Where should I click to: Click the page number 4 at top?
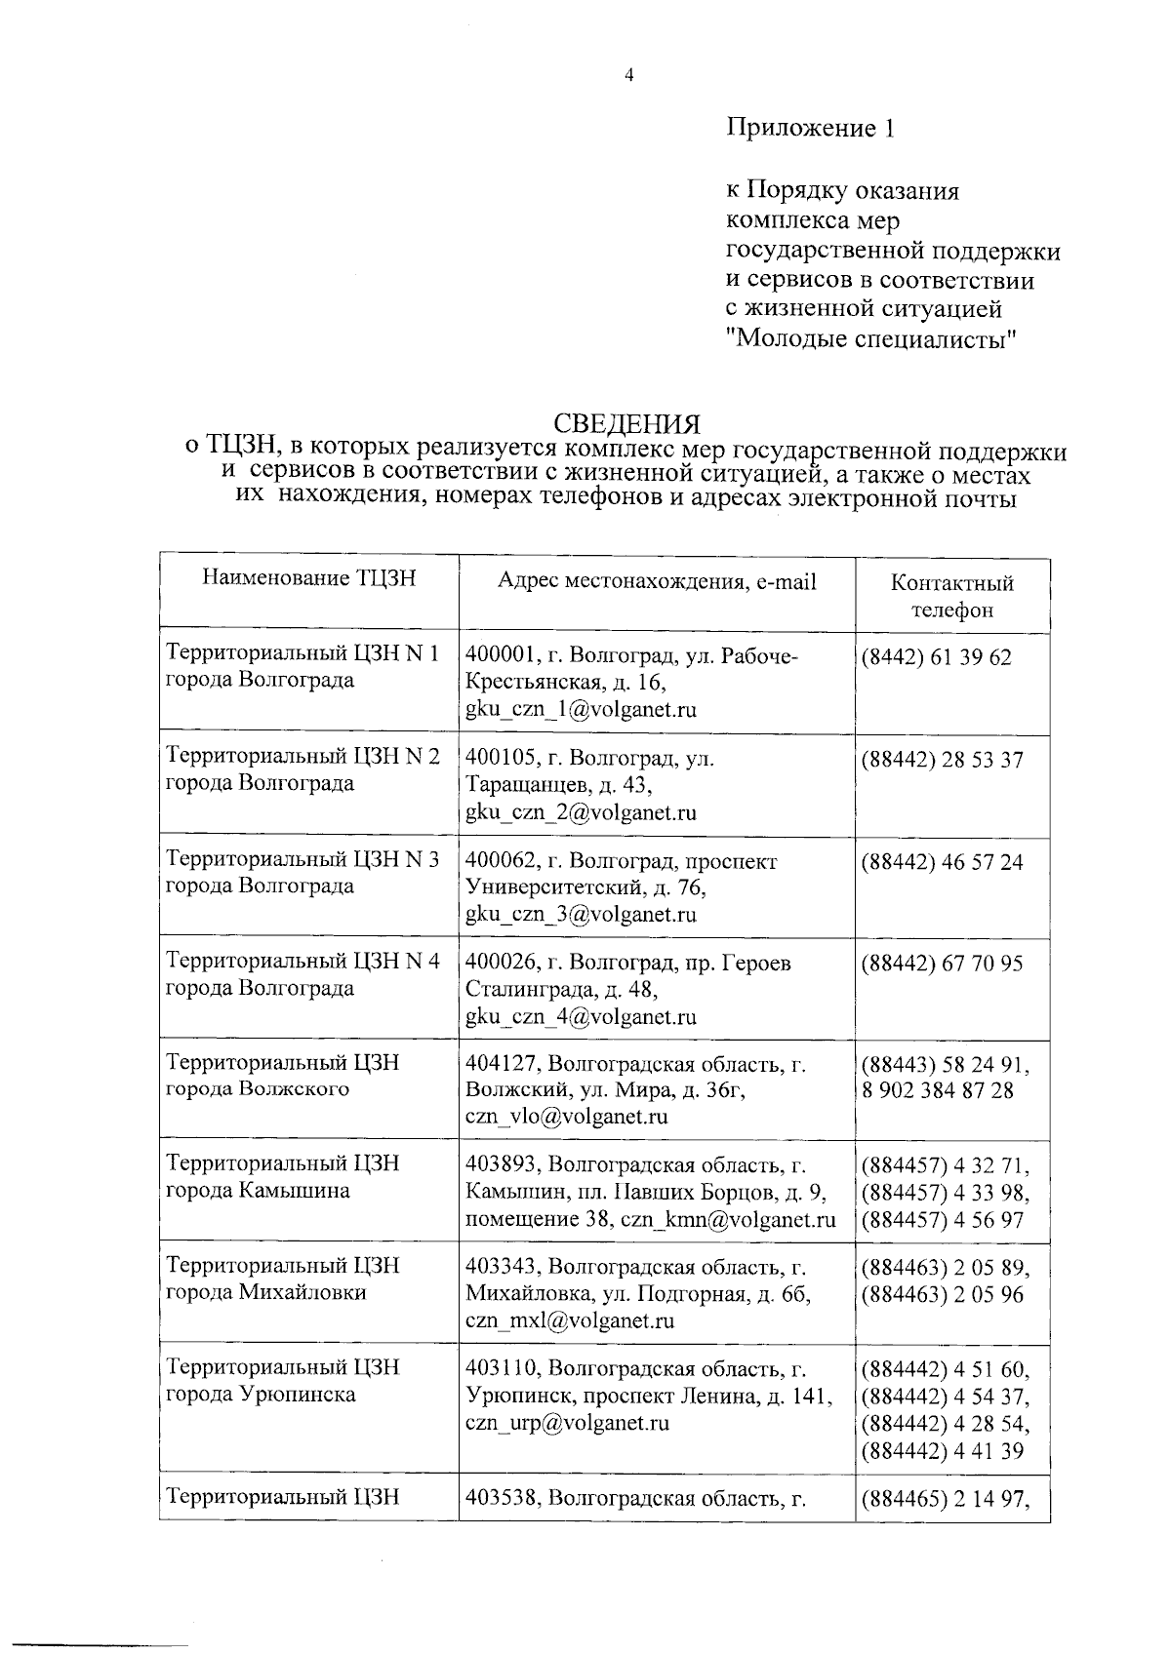point(628,74)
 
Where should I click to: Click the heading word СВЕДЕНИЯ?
point(627,424)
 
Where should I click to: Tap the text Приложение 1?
point(809,128)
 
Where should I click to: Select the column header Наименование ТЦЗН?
point(308,578)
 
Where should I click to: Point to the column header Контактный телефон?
point(951,596)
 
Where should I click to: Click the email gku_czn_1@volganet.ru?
point(581,709)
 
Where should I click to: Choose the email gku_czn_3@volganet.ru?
point(581,914)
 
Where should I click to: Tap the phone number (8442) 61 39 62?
point(936,657)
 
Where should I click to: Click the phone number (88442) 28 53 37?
point(942,760)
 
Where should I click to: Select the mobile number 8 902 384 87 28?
point(938,1090)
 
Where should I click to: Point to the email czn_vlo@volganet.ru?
point(566,1117)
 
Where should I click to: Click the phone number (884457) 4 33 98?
point(944,1192)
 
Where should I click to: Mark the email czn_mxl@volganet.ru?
point(570,1321)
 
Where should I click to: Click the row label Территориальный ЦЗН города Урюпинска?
point(283,1381)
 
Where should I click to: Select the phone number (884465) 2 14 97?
point(944,1499)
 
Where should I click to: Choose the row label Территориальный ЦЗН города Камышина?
point(283,1177)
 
